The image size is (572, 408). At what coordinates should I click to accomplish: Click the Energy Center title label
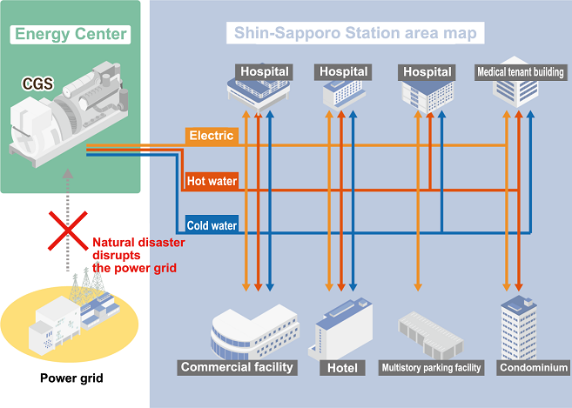(x=71, y=35)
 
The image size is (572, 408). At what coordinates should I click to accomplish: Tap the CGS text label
(x=38, y=84)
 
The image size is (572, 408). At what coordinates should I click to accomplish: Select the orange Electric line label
(x=212, y=136)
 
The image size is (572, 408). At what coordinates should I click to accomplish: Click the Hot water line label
(x=212, y=181)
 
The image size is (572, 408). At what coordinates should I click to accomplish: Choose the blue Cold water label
(x=212, y=225)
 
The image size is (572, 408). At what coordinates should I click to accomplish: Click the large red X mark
(x=68, y=231)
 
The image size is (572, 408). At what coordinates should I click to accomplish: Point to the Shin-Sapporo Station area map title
(x=355, y=33)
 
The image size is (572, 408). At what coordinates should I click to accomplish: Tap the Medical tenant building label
(x=521, y=72)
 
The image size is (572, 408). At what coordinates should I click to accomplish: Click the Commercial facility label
(x=237, y=367)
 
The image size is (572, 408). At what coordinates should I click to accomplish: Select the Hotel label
(x=342, y=368)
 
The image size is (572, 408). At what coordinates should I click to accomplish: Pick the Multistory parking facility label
(x=431, y=367)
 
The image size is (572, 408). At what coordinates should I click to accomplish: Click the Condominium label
(x=534, y=367)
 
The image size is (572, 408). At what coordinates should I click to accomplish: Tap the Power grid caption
(x=71, y=378)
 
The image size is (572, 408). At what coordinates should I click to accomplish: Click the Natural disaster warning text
(x=138, y=255)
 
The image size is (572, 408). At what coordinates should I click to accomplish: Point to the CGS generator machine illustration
(x=70, y=114)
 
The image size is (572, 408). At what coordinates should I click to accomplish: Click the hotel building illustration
(x=340, y=328)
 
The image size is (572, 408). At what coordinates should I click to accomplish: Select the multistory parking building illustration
(x=430, y=335)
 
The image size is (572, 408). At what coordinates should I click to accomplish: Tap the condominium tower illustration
(x=519, y=327)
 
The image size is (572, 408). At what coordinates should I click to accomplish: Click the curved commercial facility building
(x=254, y=332)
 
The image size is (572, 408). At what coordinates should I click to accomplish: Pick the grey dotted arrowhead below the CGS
(x=68, y=173)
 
